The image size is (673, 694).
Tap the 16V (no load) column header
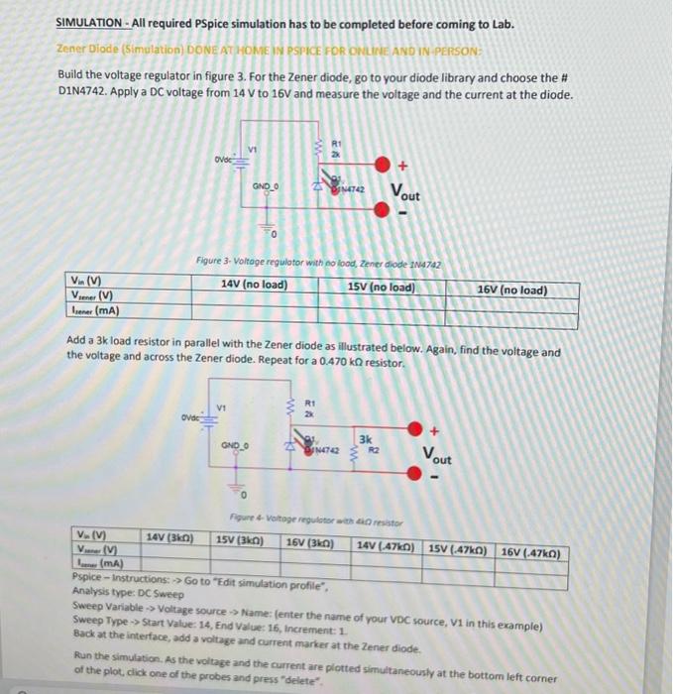511,290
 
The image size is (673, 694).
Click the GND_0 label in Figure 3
266,184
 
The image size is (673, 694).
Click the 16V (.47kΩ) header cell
533,551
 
